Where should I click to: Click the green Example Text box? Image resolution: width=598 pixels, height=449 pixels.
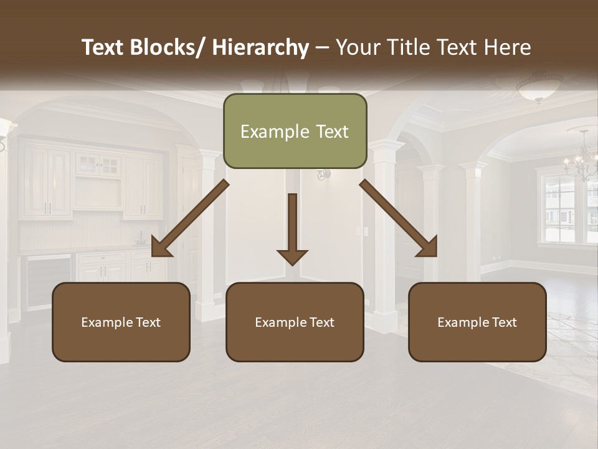295,131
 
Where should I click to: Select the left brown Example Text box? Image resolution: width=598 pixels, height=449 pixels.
121,322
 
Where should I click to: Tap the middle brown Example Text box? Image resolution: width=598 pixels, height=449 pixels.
295,322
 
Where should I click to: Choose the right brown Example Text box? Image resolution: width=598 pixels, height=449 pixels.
477,322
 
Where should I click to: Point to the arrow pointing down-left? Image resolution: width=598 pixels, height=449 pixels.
189,219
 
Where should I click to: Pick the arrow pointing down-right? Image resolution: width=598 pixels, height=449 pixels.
399,219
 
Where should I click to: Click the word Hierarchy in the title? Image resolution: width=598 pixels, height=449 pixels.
260,47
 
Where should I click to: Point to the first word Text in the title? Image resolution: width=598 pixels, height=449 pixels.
103,47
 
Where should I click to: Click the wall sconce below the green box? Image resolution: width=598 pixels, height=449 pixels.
322,175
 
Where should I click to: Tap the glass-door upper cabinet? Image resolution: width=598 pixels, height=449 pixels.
99,166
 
